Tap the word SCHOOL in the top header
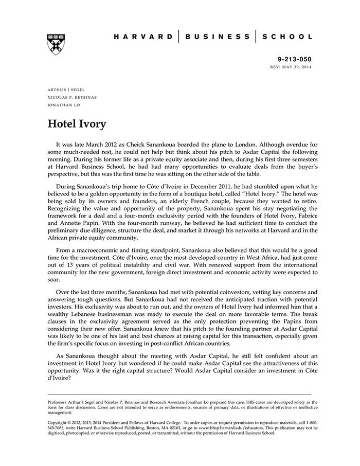tap(287, 37)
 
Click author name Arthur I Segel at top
tap(66, 89)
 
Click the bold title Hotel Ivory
tap(77, 124)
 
